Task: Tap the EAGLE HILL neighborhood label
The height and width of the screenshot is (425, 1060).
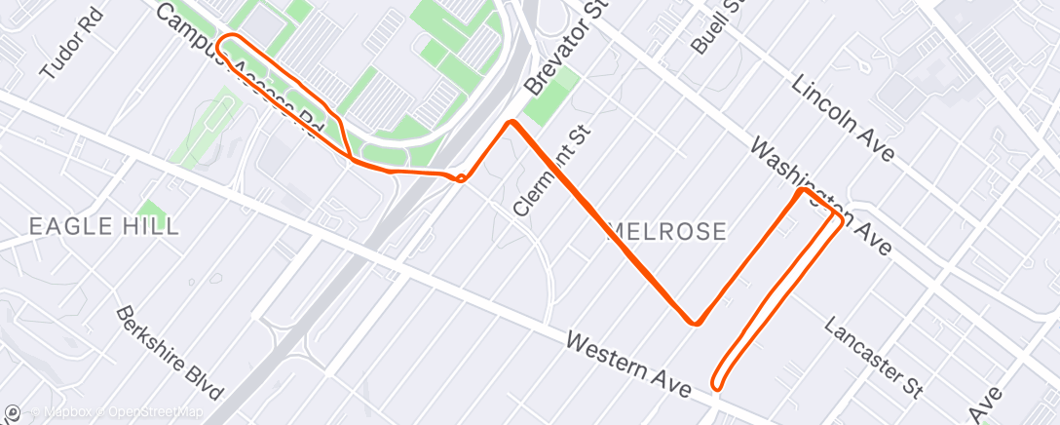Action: pyautogui.click(x=104, y=227)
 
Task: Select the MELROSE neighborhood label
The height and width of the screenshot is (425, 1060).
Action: pyautogui.click(x=666, y=232)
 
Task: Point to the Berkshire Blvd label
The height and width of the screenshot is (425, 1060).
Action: pyautogui.click(x=169, y=354)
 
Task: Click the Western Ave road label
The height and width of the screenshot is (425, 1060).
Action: pyautogui.click(x=628, y=362)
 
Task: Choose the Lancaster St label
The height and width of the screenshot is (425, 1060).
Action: pyautogui.click(x=873, y=357)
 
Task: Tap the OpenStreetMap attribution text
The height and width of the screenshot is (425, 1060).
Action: pyautogui.click(x=156, y=413)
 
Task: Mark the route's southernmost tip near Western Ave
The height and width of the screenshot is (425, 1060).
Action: pyautogui.click(x=717, y=383)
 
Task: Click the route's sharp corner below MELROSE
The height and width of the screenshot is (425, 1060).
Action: pyautogui.click(x=694, y=322)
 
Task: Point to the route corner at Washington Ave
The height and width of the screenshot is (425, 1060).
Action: pyautogui.click(x=803, y=191)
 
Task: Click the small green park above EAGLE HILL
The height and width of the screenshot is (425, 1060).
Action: pyautogui.click(x=150, y=209)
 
